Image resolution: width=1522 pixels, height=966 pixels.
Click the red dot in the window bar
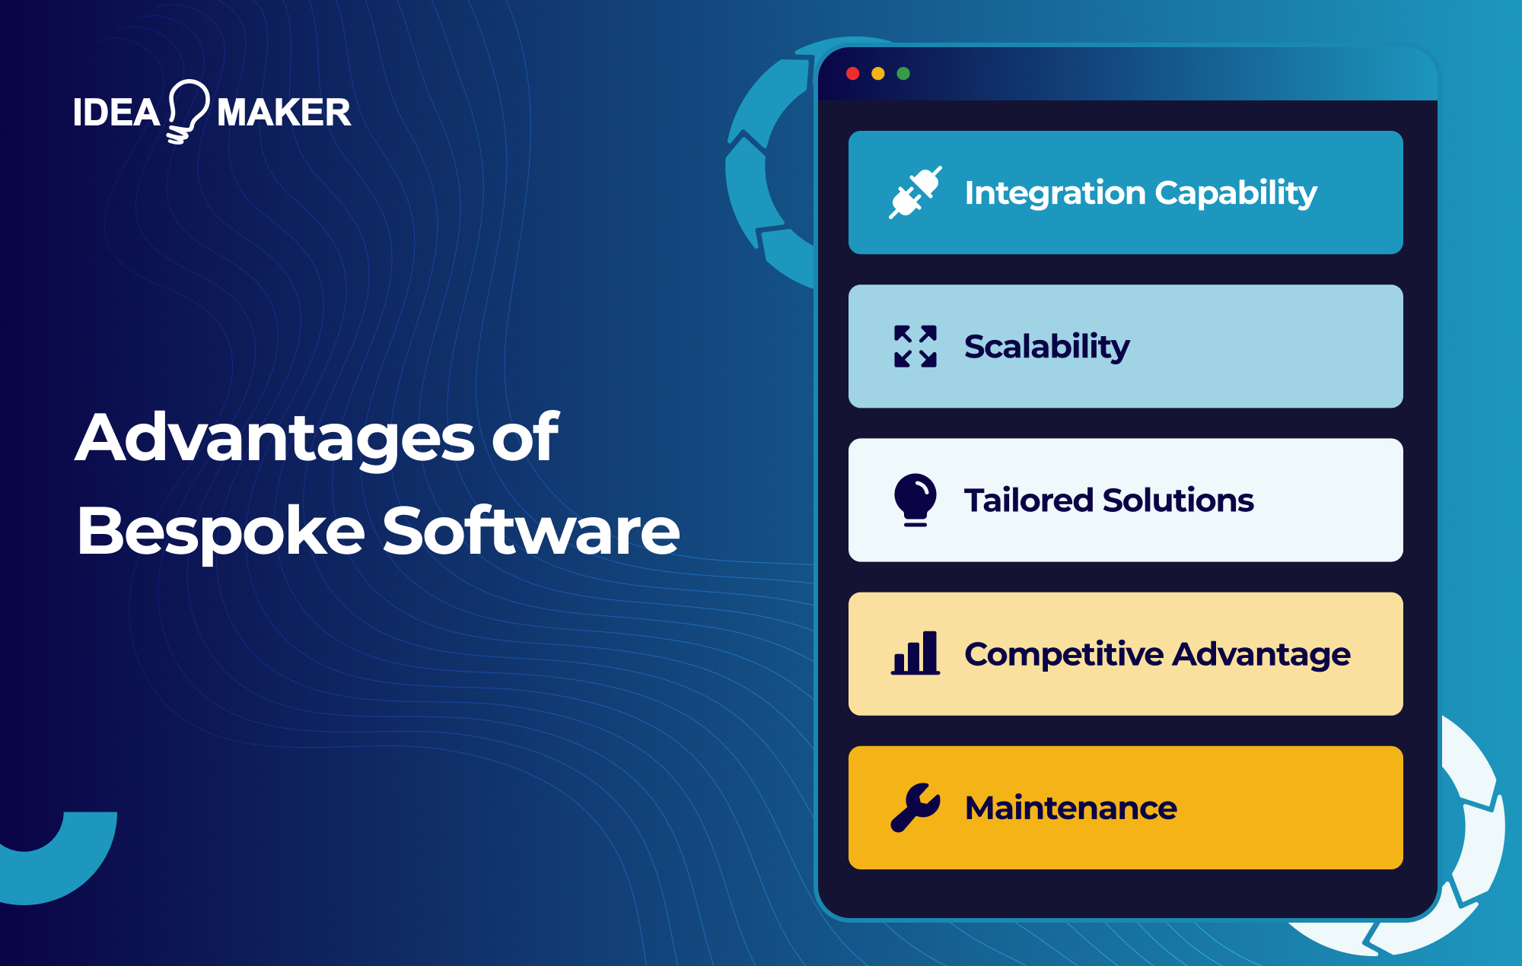pyautogui.click(x=852, y=74)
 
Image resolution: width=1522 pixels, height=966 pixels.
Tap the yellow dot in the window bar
pyautogui.click(x=878, y=74)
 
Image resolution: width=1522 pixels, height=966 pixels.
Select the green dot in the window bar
pyautogui.click(x=903, y=74)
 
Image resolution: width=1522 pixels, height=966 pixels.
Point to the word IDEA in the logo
pyautogui.click(x=116, y=113)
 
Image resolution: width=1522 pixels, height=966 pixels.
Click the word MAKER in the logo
pyautogui.click(x=284, y=113)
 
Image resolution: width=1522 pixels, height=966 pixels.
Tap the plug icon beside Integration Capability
pyautogui.click(x=915, y=192)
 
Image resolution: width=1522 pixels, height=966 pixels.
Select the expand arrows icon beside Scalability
pyautogui.click(x=915, y=347)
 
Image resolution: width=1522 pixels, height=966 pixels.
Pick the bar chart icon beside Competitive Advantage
pyautogui.click(x=915, y=653)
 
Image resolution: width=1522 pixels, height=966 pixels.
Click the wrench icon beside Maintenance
pyautogui.click(x=915, y=807)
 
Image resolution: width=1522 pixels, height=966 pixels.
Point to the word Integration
pyautogui.click(x=1054, y=193)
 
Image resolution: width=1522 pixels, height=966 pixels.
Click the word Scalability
pyautogui.click(x=1047, y=347)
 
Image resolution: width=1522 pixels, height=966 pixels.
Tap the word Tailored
pyautogui.click(x=1029, y=500)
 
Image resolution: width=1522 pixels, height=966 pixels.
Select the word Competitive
pyautogui.click(x=1064, y=654)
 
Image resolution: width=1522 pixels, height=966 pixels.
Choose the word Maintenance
pyautogui.click(x=1071, y=808)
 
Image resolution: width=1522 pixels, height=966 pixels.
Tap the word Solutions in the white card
pyautogui.click(x=1178, y=500)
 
